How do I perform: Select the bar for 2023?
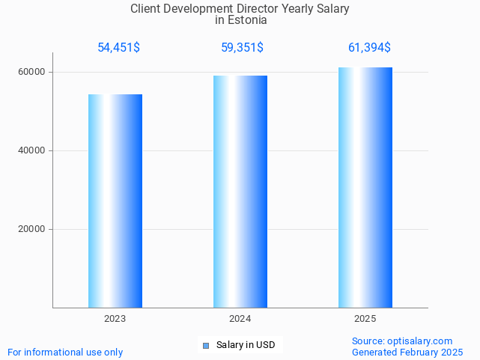(115, 201)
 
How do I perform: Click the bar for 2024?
(240, 192)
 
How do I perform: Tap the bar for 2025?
(365, 187)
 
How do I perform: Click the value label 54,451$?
(118, 48)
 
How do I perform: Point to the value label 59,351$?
(241, 48)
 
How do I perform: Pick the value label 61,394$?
(369, 48)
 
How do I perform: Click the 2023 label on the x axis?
(115, 319)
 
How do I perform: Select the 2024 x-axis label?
(240, 319)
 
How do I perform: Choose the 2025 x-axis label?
(365, 319)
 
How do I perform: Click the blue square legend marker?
(206, 345)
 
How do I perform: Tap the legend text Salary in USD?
(246, 345)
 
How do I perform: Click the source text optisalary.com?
(420, 341)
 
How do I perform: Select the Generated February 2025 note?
(407, 352)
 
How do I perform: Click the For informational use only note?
(65, 352)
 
